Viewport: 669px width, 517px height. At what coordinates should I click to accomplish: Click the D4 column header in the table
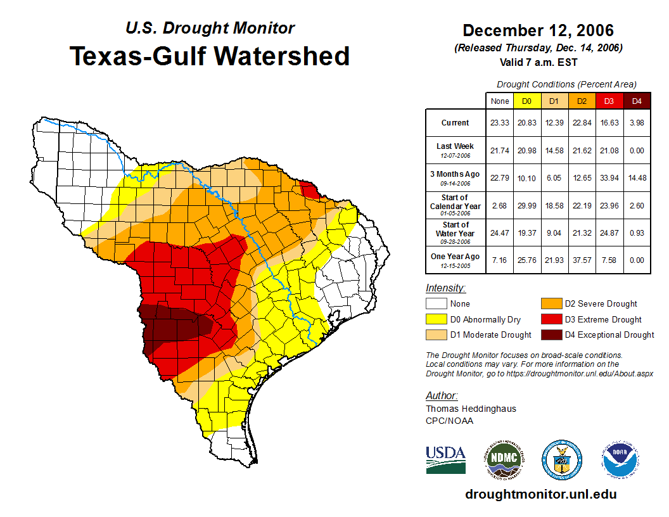[x=637, y=101]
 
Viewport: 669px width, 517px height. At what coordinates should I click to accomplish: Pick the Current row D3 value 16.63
[x=609, y=123]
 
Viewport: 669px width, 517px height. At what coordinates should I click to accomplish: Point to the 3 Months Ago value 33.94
[x=609, y=177]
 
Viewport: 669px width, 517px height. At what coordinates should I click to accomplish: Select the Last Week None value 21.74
[x=499, y=150]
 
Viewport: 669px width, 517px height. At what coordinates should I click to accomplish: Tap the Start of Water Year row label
[x=455, y=233]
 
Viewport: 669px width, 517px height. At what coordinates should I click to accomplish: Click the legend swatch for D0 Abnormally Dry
[x=436, y=319]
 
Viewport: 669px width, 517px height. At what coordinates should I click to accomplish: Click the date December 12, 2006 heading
[x=538, y=30]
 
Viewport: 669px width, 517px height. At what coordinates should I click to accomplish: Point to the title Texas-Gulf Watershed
[x=210, y=56]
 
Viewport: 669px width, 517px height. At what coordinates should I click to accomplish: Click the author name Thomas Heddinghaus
[x=471, y=409]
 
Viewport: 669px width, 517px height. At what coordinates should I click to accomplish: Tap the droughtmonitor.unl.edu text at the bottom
[x=540, y=494]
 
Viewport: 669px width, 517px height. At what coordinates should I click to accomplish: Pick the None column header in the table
[x=499, y=101]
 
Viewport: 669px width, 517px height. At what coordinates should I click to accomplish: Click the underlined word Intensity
[x=445, y=288]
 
